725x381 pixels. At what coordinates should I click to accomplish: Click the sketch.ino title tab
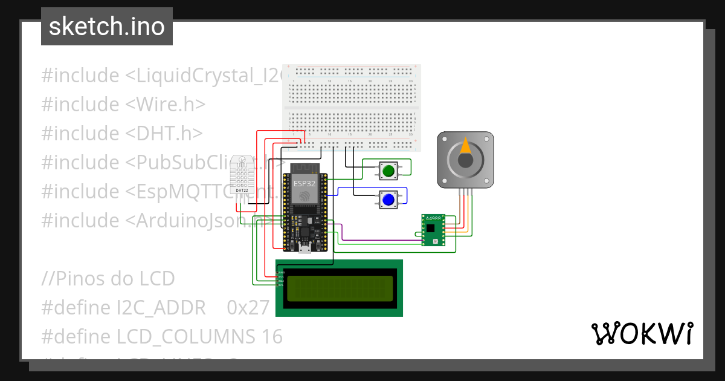[x=107, y=27]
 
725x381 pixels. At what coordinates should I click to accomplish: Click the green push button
[x=388, y=172]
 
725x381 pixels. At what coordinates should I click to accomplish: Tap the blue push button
[x=388, y=200]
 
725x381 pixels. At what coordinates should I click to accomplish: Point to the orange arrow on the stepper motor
[x=466, y=146]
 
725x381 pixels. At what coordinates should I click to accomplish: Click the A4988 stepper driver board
[x=433, y=230]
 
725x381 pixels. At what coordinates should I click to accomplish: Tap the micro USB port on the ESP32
[x=304, y=248]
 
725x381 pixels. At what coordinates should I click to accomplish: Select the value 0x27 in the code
[x=248, y=308]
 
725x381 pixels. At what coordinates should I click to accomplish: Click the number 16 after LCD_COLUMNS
[x=272, y=336]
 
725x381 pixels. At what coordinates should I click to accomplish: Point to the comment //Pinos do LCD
[x=108, y=279]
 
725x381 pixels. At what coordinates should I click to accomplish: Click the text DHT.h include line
[x=122, y=134]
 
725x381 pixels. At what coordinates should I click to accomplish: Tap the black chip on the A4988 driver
[x=430, y=228]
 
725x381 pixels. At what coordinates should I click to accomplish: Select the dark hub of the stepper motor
[x=465, y=160]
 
